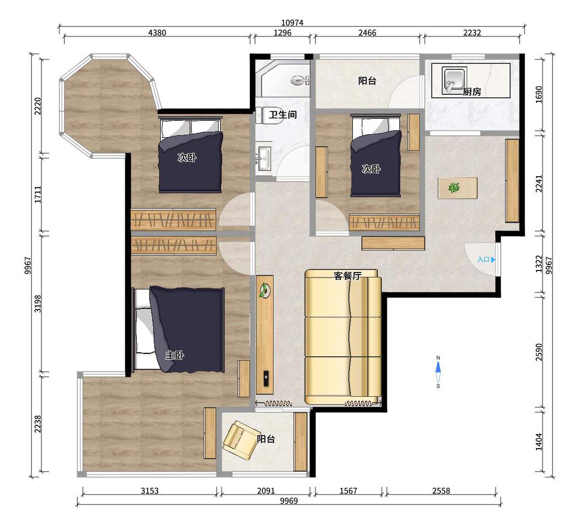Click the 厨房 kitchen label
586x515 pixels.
(472, 91)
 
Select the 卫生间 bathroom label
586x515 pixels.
(283, 114)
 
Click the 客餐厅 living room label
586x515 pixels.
(347, 276)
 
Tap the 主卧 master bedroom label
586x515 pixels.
(175, 355)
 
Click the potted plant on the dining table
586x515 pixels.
(454, 187)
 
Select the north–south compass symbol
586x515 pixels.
(438, 371)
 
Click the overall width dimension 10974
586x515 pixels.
(293, 23)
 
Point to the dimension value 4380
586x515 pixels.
(157, 32)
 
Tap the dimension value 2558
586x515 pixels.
(441, 491)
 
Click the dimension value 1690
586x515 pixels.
(539, 95)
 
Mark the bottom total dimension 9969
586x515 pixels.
(289, 501)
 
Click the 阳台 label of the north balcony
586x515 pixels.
(367, 81)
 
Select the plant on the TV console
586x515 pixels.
(265, 290)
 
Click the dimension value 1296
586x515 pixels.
(283, 32)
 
